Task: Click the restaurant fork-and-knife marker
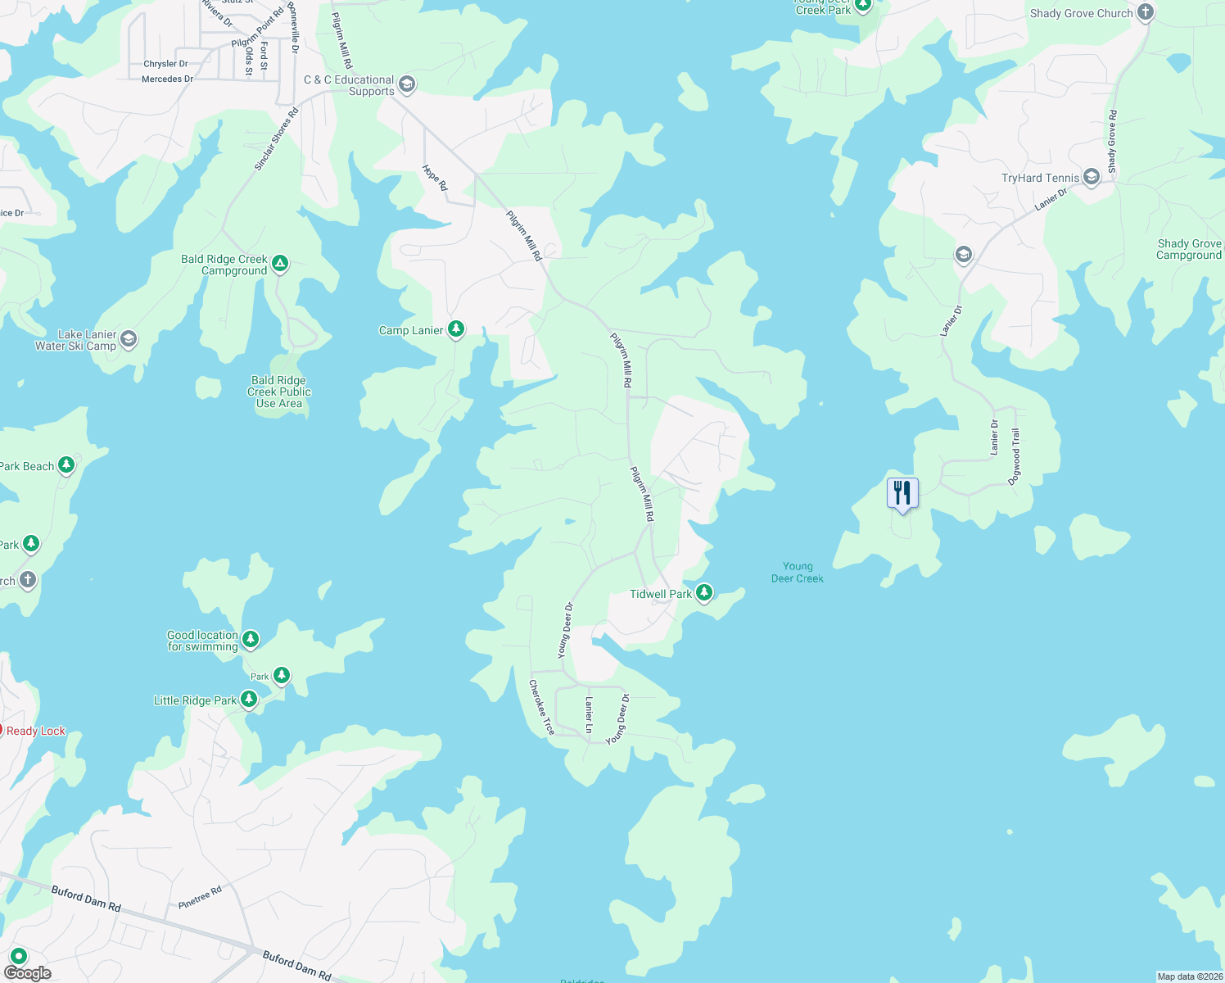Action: coord(902,493)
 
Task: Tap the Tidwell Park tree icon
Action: coord(703,592)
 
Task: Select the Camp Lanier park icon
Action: coord(456,329)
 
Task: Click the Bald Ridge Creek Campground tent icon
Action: coord(280,263)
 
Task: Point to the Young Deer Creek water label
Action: coord(798,572)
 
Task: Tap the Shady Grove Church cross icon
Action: coord(1146,12)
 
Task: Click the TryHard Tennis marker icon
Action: coord(1091,177)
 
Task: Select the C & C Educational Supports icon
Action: coord(407,84)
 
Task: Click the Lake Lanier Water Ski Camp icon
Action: coord(129,339)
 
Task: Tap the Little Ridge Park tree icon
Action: coord(249,700)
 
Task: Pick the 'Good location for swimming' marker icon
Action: coord(251,639)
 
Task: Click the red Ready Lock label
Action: coord(35,731)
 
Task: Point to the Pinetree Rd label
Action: coord(200,897)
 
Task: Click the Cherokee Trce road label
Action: coord(542,707)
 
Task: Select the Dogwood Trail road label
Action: coord(1015,457)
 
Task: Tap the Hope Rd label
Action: coord(435,178)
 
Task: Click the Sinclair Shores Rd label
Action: coord(276,139)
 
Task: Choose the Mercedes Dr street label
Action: coord(167,79)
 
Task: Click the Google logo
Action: coord(28,973)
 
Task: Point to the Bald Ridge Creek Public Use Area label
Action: coord(278,392)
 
